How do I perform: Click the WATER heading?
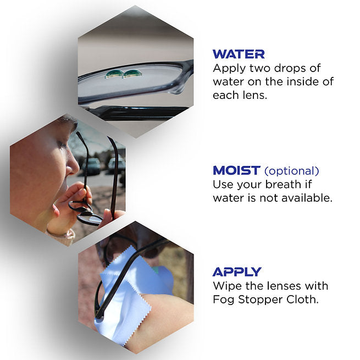(x=239, y=54)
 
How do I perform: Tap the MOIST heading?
(x=236, y=170)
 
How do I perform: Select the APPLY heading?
(x=237, y=272)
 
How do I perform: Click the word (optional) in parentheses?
(x=292, y=171)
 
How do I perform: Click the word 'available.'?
(x=307, y=198)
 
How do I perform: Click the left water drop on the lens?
(x=114, y=74)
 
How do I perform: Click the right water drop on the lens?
(x=132, y=74)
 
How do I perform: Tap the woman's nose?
(x=73, y=166)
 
